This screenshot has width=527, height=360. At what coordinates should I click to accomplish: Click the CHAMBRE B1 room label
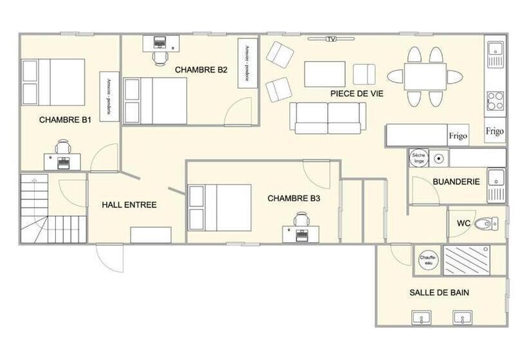65,120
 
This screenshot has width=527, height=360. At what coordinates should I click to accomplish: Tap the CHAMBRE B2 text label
201,70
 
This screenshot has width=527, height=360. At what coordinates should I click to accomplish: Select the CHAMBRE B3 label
294,199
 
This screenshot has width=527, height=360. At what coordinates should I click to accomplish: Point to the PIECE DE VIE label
357,93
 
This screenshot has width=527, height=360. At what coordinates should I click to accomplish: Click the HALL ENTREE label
129,205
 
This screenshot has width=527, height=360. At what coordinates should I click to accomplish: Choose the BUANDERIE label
456,182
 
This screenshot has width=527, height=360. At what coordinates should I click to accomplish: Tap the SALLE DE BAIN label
439,292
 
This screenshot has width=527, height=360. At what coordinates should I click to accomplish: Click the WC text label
464,223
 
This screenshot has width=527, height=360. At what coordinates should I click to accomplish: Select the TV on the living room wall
331,39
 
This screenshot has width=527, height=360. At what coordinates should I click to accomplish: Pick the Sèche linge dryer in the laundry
418,157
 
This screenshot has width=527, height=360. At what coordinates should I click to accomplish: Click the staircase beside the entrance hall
53,209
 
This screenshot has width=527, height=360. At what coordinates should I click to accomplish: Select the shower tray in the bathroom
467,260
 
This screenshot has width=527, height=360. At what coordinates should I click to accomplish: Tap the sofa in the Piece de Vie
328,118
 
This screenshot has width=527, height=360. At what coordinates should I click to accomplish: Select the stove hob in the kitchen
495,101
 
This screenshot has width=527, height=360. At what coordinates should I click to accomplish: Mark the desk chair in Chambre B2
159,58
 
